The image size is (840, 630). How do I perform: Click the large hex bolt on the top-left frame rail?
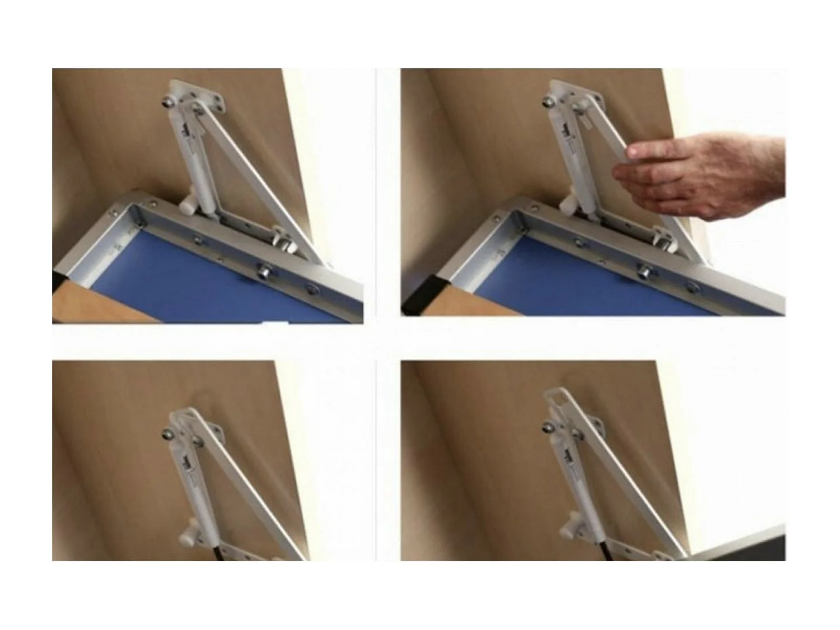(262, 271)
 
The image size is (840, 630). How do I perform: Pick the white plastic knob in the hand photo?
(568, 203)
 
